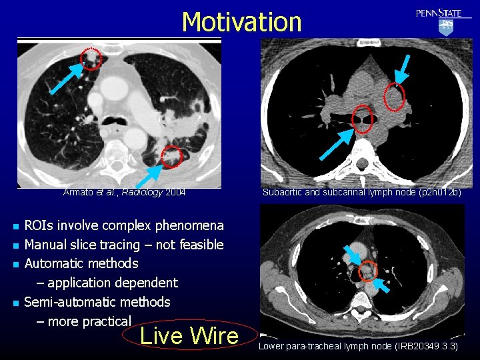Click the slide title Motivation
click(x=241, y=22)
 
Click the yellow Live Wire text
click(x=189, y=335)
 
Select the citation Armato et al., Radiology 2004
click(x=124, y=193)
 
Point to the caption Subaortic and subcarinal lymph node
click(x=361, y=193)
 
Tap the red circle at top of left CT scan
click(x=92, y=58)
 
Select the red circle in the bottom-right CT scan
click(x=367, y=270)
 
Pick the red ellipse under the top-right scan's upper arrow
click(x=395, y=97)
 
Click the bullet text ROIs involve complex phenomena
click(x=124, y=225)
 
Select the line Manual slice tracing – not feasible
click(x=124, y=245)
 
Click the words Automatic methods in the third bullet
click(x=81, y=263)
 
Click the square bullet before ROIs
click(x=14, y=226)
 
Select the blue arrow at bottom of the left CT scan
click(x=148, y=176)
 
